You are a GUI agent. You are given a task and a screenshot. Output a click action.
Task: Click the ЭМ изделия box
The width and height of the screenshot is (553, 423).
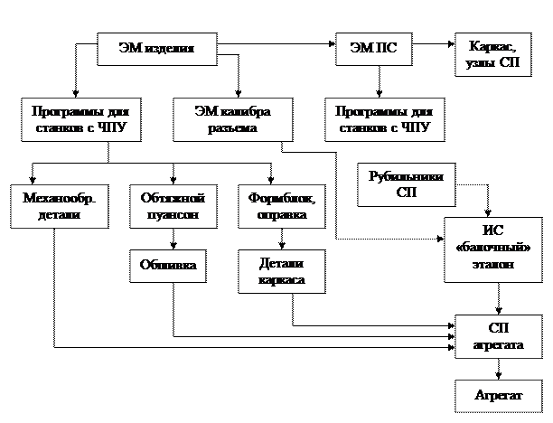point(157,49)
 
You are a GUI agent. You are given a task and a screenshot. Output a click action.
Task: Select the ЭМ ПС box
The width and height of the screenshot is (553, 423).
point(372,49)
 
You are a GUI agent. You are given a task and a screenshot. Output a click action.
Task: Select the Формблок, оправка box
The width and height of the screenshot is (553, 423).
point(281,207)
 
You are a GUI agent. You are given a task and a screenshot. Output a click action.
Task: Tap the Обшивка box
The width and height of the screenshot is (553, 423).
point(167,265)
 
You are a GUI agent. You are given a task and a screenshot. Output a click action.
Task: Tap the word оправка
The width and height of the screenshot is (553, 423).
point(281,215)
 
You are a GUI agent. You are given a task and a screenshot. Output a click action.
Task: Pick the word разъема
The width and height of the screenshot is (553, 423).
point(232,128)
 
